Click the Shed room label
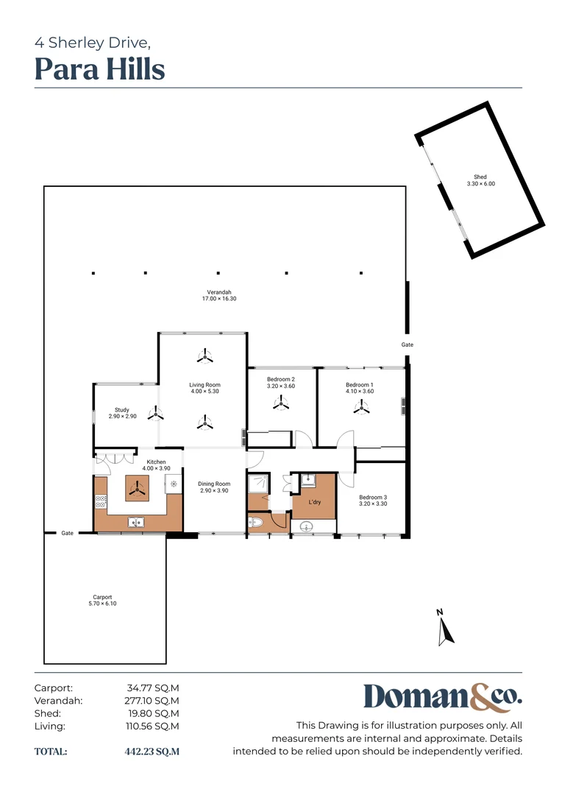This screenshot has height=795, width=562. [480, 180]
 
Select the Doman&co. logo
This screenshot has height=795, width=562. [442, 698]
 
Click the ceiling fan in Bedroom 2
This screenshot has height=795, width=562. [280, 403]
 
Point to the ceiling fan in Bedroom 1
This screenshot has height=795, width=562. [360, 406]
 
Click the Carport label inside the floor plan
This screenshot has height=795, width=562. [102, 600]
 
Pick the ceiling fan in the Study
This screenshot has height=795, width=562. [155, 414]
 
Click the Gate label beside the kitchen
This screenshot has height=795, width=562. [67, 533]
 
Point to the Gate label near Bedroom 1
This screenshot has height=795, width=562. [407, 344]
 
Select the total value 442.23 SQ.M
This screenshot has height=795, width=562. [152, 752]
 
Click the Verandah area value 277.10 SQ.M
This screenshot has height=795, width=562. [152, 701]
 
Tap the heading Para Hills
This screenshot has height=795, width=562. [100, 69]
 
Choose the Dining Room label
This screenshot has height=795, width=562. [214, 487]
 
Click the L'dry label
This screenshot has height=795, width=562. [315, 502]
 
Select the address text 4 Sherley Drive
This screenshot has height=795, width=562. [93, 43]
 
